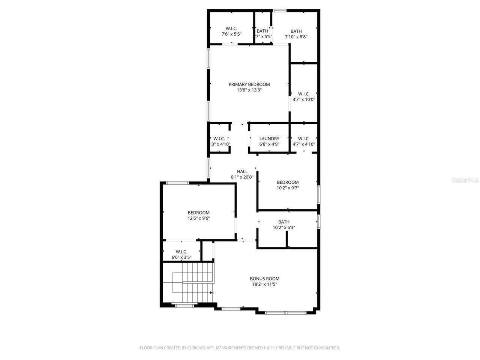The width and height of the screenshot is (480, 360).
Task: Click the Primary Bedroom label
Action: [249, 84]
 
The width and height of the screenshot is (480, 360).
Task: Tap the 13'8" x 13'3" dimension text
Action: [249, 90]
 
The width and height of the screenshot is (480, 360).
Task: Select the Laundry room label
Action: [269, 138]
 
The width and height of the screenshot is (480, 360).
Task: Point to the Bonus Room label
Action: [264, 279]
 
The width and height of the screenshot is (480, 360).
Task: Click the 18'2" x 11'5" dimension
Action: [264, 284]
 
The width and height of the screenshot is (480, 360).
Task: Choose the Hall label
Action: [242, 171]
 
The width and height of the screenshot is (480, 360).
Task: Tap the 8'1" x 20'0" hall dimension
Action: [242, 177]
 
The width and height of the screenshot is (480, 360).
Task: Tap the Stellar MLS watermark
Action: [465, 180]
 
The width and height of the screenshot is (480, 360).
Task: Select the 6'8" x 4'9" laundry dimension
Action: [269, 144]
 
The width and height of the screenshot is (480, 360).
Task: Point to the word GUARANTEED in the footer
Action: [326, 348]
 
